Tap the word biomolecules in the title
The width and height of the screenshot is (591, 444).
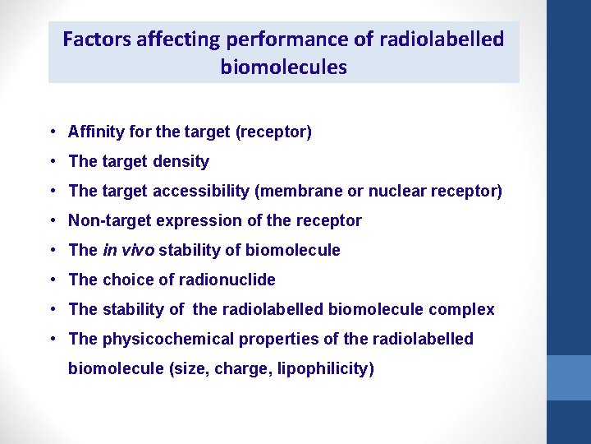coord(283,67)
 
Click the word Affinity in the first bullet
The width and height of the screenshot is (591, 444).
coord(94,132)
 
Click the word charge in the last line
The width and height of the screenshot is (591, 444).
coord(239,368)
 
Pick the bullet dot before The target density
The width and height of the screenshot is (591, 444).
coord(52,162)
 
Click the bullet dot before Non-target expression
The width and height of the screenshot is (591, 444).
coord(52,221)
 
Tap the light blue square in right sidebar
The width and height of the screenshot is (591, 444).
coord(569,377)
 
